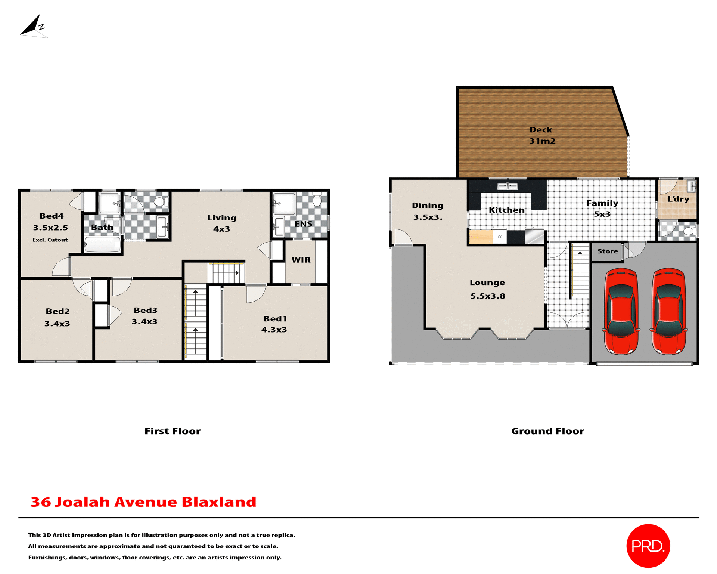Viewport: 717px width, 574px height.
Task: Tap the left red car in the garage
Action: pyautogui.click(x=621, y=311)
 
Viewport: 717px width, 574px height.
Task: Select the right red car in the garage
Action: pyautogui.click(x=668, y=311)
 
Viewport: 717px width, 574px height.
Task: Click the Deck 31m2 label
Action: pyautogui.click(x=541, y=135)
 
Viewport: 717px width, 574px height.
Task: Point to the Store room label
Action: pyautogui.click(x=607, y=251)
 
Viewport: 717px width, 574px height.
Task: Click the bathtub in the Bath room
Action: pyautogui.click(x=102, y=245)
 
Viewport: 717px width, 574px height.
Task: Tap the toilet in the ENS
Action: pyautogui.click(x=317, y=200)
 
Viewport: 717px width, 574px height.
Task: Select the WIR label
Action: pyautogui.click(x=301, y=260)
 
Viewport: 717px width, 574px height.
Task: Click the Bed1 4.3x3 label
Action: pyautogui.click(x=274, y=324)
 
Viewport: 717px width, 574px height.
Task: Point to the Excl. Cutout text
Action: pyautogui.click(x=50, y=240)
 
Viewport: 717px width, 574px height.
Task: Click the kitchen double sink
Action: pyautogui.click(x=508, y=186)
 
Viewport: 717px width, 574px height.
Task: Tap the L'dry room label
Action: pyautogui.click(x=678, y=199)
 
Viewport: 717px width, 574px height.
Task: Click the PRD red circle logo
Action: pyautogui.click(x=648, y=546)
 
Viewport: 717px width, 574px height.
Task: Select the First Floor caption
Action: pyautogui.click(x=173, y=431)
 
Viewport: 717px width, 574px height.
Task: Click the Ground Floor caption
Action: pyautogui.click(x=547, y=431)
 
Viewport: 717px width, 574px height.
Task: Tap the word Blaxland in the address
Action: pyautogui.click(x=219, y=502)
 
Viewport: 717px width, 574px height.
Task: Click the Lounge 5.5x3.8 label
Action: pyautogui.click(x=487, y=289)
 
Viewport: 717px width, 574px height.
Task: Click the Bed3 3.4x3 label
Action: pyautogui.click(x=145, y=316)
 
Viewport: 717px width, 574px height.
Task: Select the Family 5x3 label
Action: pyautogui.click(x=602, y=209)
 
